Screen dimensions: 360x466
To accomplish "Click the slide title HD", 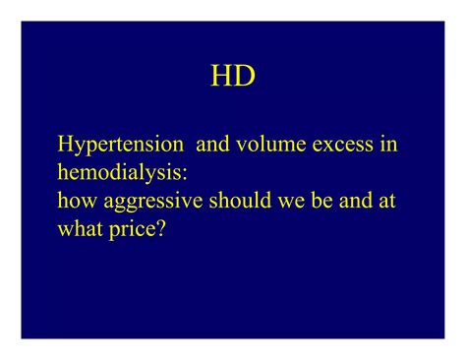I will coord(233,76).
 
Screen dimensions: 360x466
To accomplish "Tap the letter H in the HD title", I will coord(222,76).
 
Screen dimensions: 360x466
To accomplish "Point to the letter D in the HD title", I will coord(245,76).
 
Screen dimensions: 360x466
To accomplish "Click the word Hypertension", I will coord(121,146).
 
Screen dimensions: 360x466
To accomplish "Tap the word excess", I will coord(343,146).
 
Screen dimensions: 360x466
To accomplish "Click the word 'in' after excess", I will coord(389,145).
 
